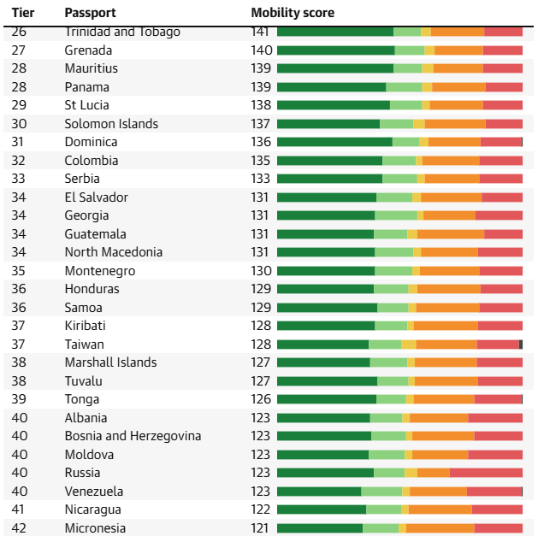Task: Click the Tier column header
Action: point(23,13)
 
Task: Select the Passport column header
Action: point(91,13)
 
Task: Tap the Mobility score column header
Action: point(293,13)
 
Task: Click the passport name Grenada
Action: point(88,50)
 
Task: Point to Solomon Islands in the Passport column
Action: point(111,124)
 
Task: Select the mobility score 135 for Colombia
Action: point(261,161)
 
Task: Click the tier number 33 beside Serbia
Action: point(19,179)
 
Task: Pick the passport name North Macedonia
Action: point(114,252)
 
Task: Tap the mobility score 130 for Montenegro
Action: point(261,271)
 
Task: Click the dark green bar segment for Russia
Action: point(326,473)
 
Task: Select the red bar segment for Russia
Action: point(486,473)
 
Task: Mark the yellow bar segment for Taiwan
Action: point(409,345)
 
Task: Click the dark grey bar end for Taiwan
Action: point(521,345)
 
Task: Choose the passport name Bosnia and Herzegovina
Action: point(133,436)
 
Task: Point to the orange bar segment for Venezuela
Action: point(438,492)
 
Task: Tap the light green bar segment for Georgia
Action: point(396,215)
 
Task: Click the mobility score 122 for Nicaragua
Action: point(260,509)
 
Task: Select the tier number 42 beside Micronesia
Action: point(19,528)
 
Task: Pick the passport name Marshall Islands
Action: point(111,362)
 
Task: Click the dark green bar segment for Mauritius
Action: point(335,68)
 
